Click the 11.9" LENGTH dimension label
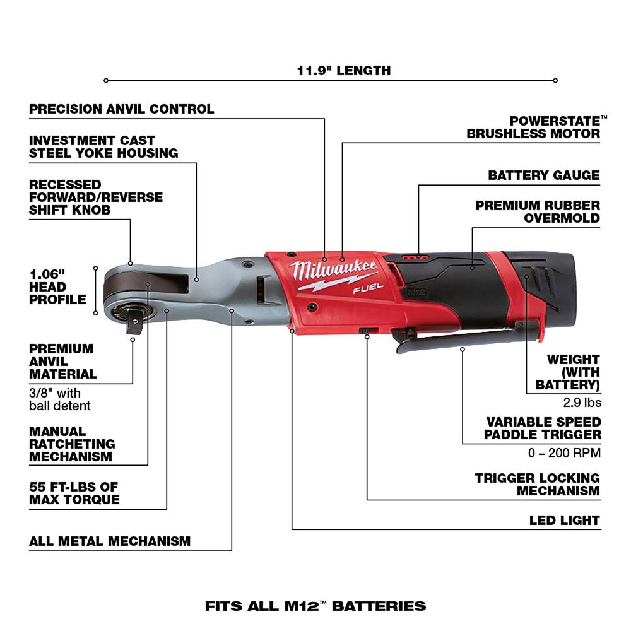(344, 70)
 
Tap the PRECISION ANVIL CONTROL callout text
(122, 109)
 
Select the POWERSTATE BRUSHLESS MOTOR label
(533, 127)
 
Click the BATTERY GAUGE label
(543, 175)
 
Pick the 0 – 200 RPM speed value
(565, 452)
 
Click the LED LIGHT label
(564, 521)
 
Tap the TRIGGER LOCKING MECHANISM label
(538, 485)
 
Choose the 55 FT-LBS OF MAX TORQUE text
(74, 493)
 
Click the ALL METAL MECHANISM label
(109, 541)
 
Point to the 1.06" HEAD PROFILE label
(57, 286)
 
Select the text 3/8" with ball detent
(59, 399)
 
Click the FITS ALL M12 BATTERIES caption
(315, 606)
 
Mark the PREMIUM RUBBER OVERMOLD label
(538, 212)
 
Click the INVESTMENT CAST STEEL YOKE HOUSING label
(103, 146)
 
